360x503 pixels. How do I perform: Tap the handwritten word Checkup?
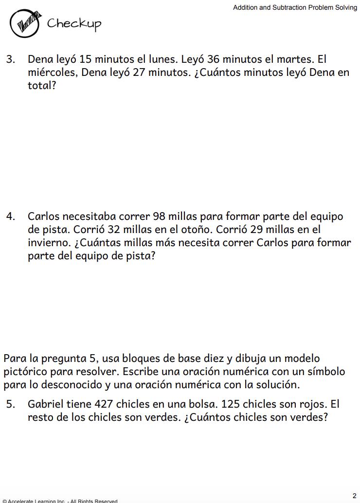coord(74,24)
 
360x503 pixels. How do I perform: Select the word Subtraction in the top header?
coord(287,7)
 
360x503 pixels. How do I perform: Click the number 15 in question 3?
coord(85,59)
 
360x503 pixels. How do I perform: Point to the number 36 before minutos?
coord(213,59)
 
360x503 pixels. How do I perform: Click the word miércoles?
coord(52,73)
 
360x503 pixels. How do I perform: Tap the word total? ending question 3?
coord(42,86)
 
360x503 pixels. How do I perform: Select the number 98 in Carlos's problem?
coord(159,216)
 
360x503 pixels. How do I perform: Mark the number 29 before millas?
coord(256,230)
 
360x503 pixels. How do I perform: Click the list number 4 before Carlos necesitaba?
coord(10,216)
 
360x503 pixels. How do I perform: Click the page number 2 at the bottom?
coord(354,496)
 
